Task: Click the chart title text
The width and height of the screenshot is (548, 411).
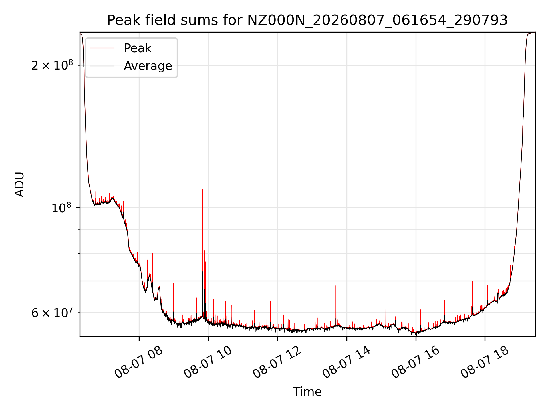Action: pyautogui.click(x=307, y=20)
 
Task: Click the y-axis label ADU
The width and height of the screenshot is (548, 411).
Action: pyautogui.click(x=20, y=184)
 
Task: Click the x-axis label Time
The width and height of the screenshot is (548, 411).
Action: pyautogui.click(x=307, y=392)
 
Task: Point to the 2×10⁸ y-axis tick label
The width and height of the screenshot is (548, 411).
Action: pyautogui.click(x=52, y=65)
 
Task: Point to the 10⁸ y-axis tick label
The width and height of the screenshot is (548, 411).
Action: pyautogui.click(x=62, y=207)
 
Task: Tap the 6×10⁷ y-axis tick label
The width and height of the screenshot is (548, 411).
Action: pyautogui.click(x=52, y=312)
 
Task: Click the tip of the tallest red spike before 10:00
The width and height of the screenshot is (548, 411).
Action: pyautogui.click(x=203, y=189)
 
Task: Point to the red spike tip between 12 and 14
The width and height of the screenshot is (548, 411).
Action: pyautogui.click(x=336, y=285)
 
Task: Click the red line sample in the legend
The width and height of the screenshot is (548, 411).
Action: pyautogui.click(x=102, y=48)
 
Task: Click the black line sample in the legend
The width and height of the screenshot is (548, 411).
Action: pyautogui.click(x=102, y=66)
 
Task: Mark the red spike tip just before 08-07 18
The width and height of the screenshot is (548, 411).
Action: pyautogui.click(x=473, y=281)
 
